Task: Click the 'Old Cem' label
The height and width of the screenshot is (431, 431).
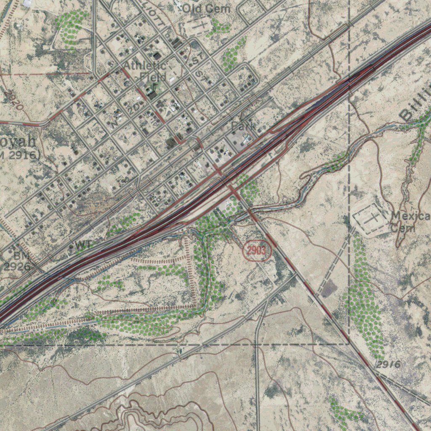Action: coord(206,8)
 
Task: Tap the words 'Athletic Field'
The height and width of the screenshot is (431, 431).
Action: coord(145,71)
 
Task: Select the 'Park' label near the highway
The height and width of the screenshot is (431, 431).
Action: coord(242,126)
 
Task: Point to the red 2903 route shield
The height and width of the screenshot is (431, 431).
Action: coord(256,251)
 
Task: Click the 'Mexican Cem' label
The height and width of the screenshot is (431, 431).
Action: coord(410,222)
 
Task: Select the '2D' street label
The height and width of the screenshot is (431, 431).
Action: coord(134,109)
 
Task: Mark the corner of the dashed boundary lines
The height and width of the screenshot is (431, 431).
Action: coord(349,344)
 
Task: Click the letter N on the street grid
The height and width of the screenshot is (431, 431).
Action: coord(114,123)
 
